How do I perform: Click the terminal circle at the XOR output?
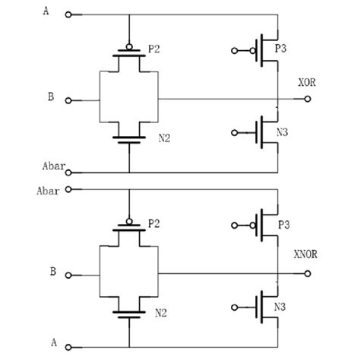[x=308, y=99]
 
